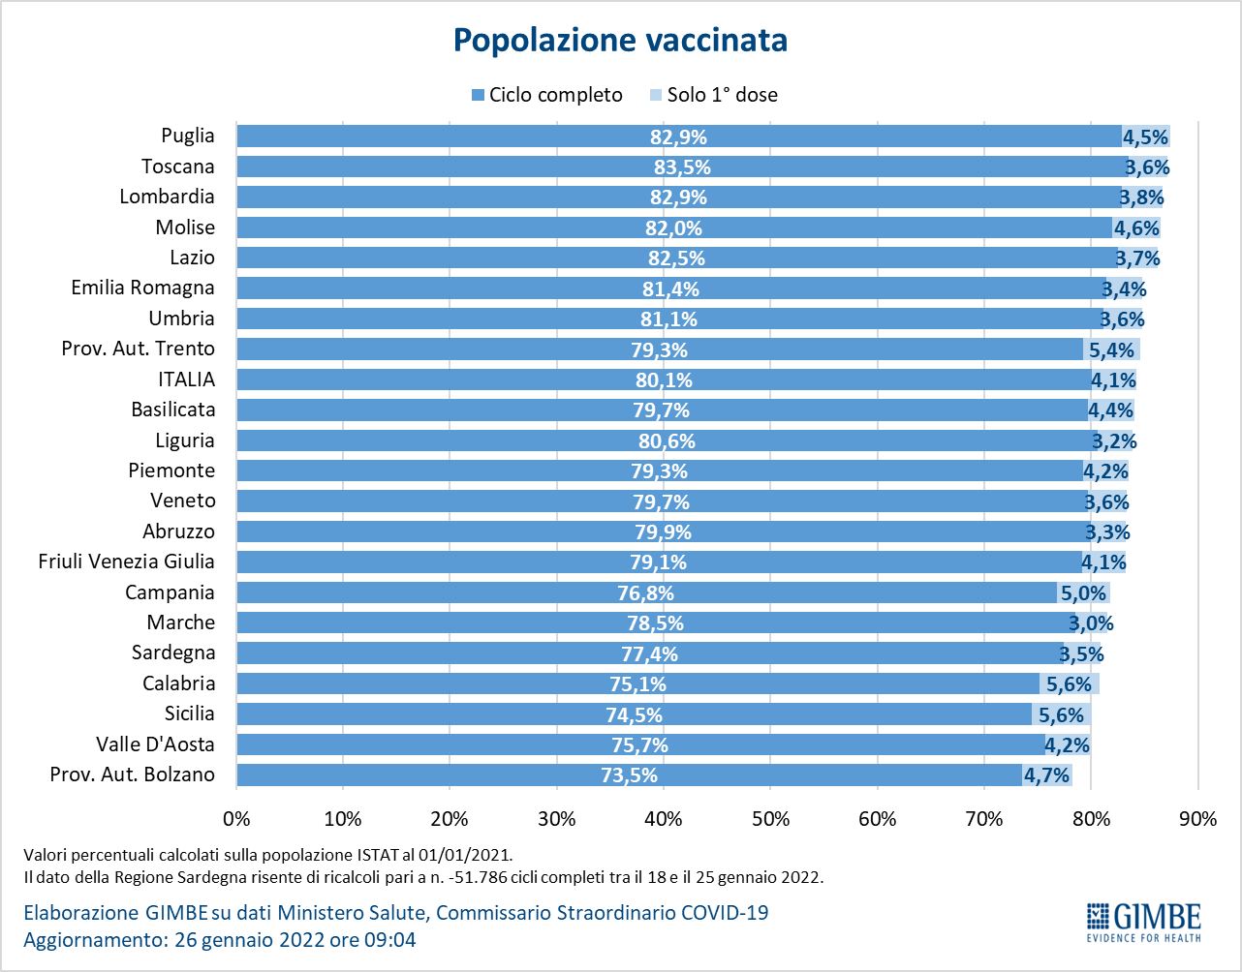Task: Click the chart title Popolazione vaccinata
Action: coord(620,41)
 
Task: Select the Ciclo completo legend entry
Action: coord(546,95)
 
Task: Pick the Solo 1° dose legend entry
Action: coord(713,95)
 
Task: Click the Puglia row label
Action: coord(188,137)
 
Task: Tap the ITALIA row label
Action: coord(187,380)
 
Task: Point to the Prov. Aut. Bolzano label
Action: coord(133,775)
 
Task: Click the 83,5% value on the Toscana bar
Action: coord(682,167)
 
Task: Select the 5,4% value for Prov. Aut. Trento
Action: coord(1111,349)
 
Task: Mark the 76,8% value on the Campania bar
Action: coord(645,593)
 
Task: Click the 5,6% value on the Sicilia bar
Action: coord(1061,715)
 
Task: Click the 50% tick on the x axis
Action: coord(770,819)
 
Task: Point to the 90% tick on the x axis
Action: coord(1197,819)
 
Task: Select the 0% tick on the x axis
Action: coord(236,819)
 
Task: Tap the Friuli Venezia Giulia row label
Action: coord(127,562)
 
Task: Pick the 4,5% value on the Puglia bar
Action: coord(1145,137)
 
